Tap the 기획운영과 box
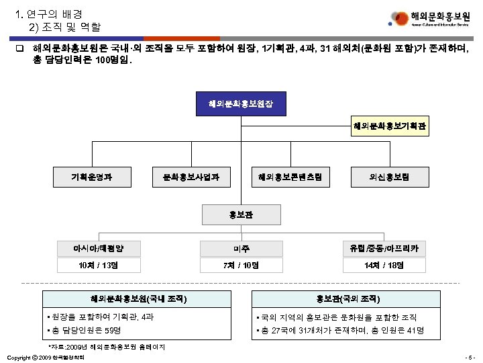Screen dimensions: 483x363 click(92, 177)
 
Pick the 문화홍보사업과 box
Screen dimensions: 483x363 click(191, 177)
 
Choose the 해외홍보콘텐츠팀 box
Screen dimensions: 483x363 click(290, 177)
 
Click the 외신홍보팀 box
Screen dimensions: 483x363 click(390, 177)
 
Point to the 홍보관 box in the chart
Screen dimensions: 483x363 click(241, 215)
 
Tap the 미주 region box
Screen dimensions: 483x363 click(241, 248)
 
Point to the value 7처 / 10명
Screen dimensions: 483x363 click(241, 265)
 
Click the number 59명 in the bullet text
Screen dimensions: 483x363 click(114, 331)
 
